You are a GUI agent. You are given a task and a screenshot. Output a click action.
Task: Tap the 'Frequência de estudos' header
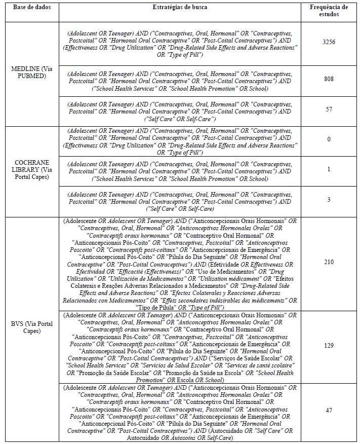pyautogui.click(x=329, y=11)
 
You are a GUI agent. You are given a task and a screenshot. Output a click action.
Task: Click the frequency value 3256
pyautogui.click(x=329, y=44)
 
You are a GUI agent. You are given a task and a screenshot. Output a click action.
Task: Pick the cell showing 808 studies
pyautogui.click(x=329, y=79)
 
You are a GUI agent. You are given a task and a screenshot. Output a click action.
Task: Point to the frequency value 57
pyautogui.click(x=329, y=109)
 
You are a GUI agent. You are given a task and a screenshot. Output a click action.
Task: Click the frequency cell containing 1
pyautogui.click(x=329, y=169)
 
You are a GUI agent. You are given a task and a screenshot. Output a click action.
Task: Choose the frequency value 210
pyautogui.click(x=329, y=263)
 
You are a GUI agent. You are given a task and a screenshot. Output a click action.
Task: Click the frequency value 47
pyautogui.click(x=329, y=410)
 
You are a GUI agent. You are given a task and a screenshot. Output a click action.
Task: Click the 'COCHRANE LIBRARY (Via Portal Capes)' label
pyautogui.click(x=30, y=169)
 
